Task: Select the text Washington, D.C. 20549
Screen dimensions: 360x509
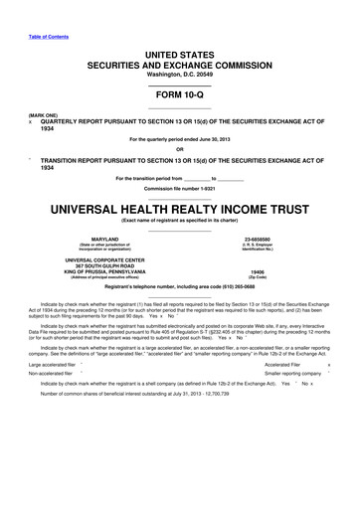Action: point(179,64)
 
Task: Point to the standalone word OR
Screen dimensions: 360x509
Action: point(179,150)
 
